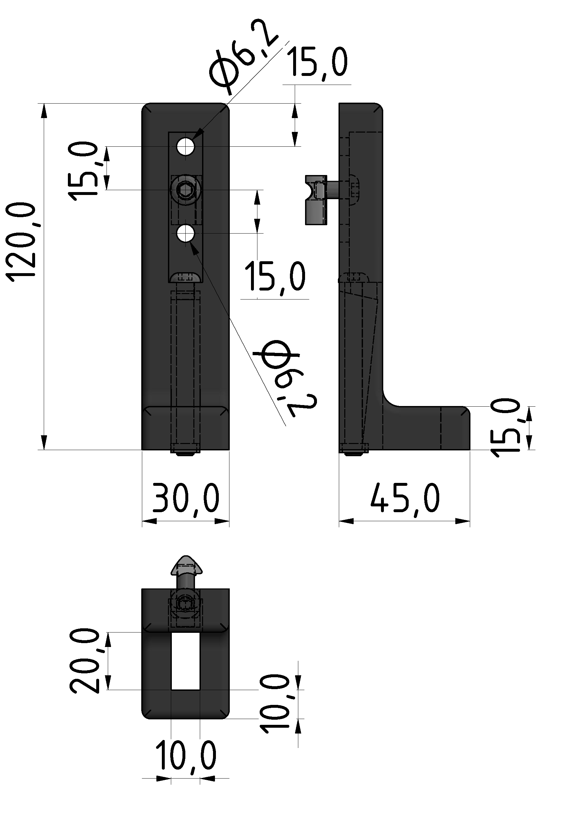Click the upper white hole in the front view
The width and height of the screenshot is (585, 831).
[186, 147]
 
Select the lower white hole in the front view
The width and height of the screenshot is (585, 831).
[186, 234]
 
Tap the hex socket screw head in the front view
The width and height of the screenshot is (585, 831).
[186, 190]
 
